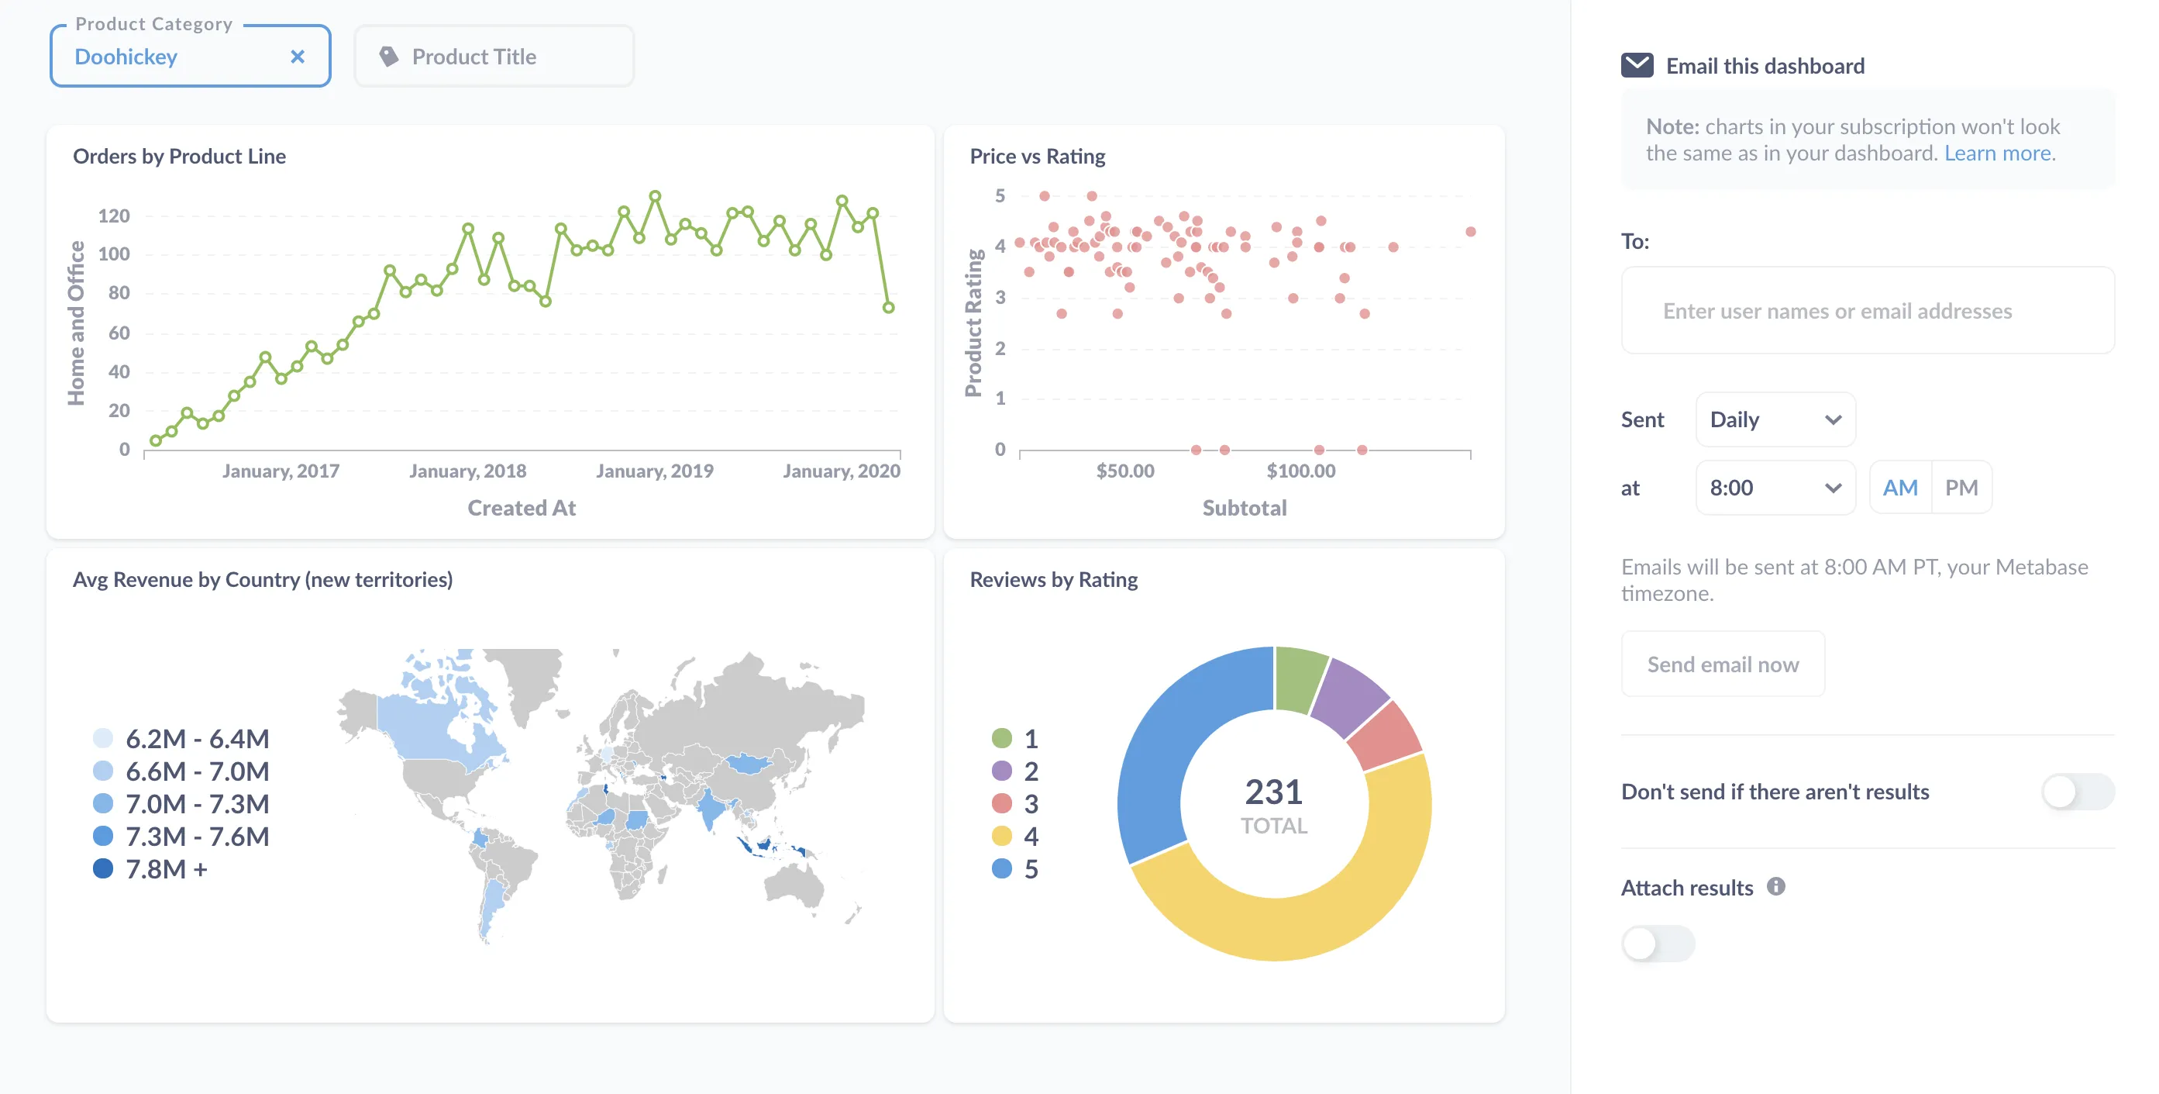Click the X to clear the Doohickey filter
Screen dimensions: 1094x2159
pos(297,57)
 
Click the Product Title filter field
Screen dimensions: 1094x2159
pos(494,57)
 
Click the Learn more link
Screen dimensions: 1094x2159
pos(1998,154)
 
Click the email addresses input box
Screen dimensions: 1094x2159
pos(1867,311)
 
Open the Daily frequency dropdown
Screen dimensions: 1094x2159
pos(1775,419)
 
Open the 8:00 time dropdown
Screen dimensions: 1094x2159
pos(1775,488)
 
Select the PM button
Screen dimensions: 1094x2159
pos(1961,488)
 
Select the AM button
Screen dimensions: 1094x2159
pos(1899,488)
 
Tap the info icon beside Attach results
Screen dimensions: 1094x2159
pos(1775,887)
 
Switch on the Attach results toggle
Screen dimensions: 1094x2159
pos(1657,944)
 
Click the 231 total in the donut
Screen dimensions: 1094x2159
pos(1273,792)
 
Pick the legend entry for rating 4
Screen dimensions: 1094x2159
pos(1017,837)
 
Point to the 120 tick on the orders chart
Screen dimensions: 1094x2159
pos(114,216)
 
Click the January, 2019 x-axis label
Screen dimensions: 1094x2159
pos(655,471)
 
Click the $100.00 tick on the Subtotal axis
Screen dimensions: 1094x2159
pos(1301,471)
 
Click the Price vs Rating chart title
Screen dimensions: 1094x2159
pos(1037,157)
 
